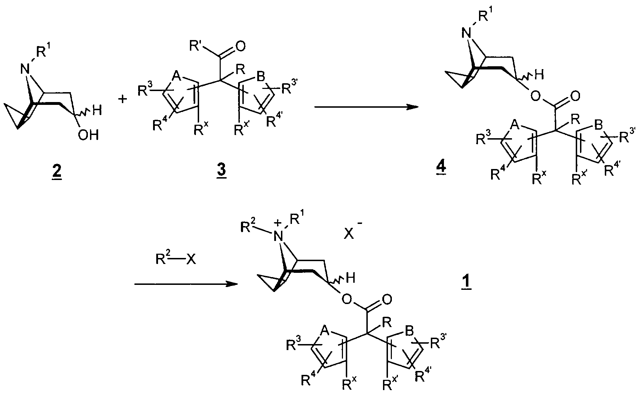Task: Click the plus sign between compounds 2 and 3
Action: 122,100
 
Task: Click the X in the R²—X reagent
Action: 191,260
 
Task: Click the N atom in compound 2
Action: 25,69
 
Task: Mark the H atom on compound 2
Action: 97,111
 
